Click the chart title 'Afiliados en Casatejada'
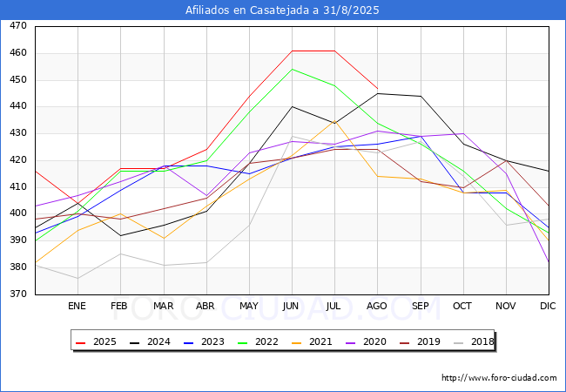[282, 10]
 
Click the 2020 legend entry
[375, 342]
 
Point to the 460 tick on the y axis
[18, 53]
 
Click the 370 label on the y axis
[18, 294]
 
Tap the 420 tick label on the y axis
[18, 160]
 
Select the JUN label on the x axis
[291, 306]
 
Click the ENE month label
[77, 306]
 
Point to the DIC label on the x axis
[548, 306]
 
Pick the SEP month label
[420, 306]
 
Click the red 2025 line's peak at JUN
[292, 51]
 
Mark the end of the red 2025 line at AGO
[377, 89]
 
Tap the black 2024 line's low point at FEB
[120, 235]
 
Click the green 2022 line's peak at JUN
[292, 69]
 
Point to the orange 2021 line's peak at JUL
[334, 122]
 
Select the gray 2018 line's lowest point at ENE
[77, 279]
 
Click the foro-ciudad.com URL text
[499, 378]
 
